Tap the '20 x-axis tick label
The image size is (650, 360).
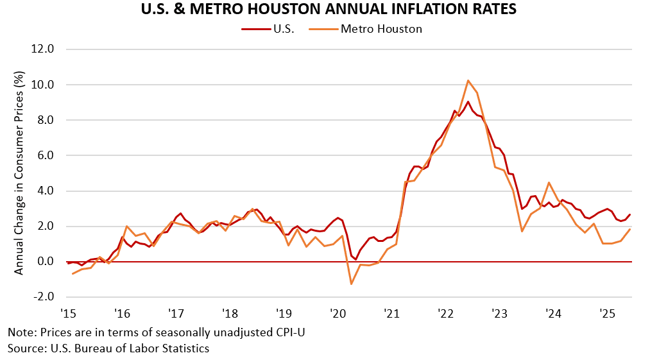coord(338,313)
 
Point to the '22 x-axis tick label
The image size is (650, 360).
coord(445,313)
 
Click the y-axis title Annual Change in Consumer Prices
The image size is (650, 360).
coord(19,173)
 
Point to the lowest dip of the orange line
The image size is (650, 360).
coord(352,284)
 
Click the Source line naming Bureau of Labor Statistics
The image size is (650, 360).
coord(108,348)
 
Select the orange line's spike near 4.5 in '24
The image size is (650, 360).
coord(549,183)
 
